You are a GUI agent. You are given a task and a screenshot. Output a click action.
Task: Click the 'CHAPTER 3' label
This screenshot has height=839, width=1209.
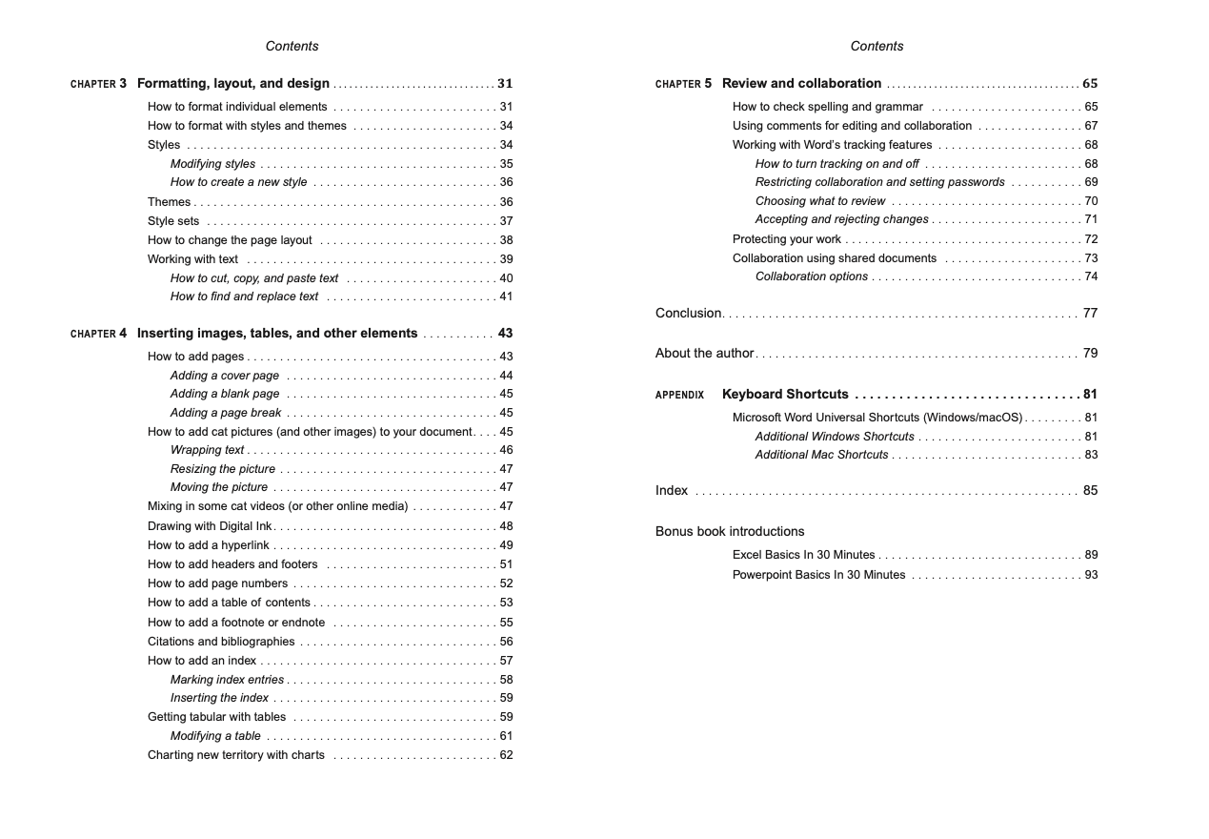(x=98, y=84)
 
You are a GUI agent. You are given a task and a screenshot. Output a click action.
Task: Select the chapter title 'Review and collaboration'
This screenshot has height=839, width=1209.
(x=801, y=83)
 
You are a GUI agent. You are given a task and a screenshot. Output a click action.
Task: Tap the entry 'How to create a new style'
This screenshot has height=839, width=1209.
(x=238, y=182)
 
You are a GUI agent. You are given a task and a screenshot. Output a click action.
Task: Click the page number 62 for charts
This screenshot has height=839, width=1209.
(x=506, y=755)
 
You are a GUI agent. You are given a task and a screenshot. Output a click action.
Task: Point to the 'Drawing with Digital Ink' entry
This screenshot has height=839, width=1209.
(x=210, y=526)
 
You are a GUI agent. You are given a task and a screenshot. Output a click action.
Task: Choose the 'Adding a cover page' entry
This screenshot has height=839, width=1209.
(x=225, y=376)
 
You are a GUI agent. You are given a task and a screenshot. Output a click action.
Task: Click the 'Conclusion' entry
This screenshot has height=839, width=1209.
(x=688, y=313)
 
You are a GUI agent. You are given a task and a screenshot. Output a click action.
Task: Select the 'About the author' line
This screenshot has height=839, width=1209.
(x=704, y=353)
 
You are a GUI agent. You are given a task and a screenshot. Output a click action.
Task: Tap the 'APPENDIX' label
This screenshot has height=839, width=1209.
(x=679, y=395)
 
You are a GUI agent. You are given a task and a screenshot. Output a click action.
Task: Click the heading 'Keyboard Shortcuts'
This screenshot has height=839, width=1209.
(x=785, y=394)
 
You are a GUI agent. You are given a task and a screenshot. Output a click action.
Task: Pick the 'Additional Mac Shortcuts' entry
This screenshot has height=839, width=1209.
(x=821, y=455)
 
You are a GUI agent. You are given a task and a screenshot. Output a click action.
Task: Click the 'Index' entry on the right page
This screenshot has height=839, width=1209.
(x=672, y=490)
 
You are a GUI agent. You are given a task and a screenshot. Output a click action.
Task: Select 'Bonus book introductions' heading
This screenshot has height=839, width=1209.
(x=730, y=531)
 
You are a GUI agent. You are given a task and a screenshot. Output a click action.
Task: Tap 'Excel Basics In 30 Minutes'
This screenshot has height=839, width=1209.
(x=803, y=555)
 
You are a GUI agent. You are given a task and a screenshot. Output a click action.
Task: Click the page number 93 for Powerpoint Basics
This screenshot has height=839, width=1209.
(x=1091, y=575)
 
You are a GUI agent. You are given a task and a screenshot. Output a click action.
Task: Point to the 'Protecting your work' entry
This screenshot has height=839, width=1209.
(x=787, y=239)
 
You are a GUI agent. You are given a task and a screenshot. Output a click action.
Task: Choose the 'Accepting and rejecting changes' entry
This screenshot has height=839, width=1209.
(x=841, y=219)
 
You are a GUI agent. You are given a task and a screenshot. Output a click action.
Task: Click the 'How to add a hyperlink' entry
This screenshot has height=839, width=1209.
(x=209, y=545)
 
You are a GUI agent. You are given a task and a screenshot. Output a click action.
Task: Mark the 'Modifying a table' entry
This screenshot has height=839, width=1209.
(x=215, y=736)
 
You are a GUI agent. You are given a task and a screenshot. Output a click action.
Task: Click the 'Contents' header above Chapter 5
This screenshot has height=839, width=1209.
(x=877, y=46)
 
